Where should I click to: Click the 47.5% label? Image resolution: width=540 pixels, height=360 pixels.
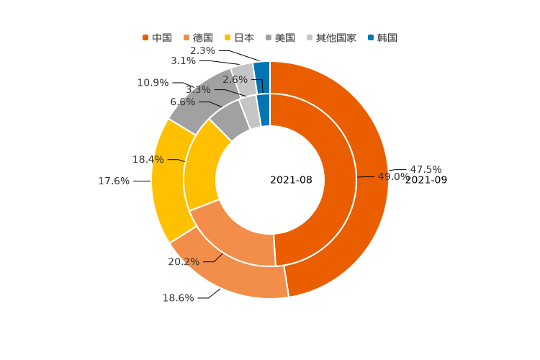[426, 170]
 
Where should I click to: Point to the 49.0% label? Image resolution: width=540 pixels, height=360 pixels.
[393, 177]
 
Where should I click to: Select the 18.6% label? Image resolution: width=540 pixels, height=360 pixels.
[178, 298]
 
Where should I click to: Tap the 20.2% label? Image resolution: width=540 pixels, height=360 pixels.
[184, 262]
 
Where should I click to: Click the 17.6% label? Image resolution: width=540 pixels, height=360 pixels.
[114, 181]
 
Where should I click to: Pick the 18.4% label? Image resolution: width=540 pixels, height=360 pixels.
[148, 160]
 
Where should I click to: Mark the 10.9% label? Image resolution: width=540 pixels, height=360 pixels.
[153, 83]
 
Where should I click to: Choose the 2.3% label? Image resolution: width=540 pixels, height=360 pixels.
[202, 50]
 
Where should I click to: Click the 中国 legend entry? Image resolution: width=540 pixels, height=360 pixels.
[162, 37]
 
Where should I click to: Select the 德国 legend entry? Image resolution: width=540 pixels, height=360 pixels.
[203, 37]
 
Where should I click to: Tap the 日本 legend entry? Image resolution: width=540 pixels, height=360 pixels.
[244, 37]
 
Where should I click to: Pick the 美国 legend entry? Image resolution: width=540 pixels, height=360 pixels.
[285, 37]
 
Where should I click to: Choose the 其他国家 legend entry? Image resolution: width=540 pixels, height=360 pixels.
[336, 37]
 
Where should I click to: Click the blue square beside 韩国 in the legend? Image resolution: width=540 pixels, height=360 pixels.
[372, 37]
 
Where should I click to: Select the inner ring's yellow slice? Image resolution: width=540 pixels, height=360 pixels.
[201, 169]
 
